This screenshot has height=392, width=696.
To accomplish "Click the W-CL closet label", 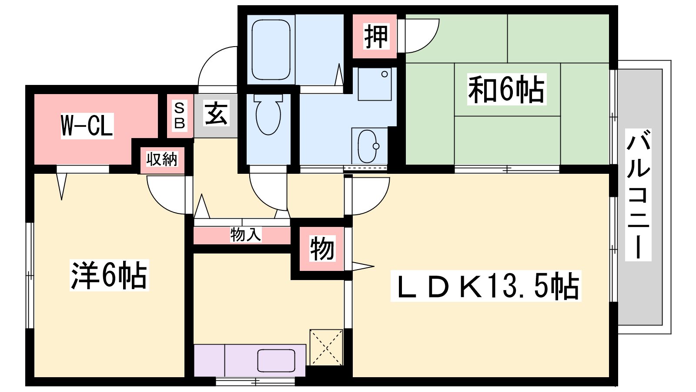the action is (87, 126).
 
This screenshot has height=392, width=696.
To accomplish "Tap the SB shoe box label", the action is (180, 115).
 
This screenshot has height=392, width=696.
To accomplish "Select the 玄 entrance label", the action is (216, 113).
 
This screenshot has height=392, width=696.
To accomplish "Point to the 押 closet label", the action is (376, 37).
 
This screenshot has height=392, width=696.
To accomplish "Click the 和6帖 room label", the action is (506, 89).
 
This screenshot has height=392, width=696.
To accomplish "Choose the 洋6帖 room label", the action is (109, 275).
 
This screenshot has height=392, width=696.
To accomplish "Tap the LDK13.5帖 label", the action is (486, 286).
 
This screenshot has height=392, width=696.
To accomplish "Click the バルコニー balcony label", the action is (638, 195).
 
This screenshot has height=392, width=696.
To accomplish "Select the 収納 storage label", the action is (162, 159).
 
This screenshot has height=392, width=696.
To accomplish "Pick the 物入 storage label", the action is (246, 234).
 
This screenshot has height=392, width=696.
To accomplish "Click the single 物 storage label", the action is (322, 248).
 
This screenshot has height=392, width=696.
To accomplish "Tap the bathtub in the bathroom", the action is (271, 50).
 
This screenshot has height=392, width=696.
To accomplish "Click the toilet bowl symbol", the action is (268, 115).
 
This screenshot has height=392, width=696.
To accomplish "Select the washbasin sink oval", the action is (368, 146).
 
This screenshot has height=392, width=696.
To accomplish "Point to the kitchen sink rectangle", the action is (276, 361).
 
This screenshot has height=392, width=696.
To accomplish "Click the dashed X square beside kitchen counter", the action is (326, 347).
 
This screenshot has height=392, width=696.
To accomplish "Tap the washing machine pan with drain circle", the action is (375, 84).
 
